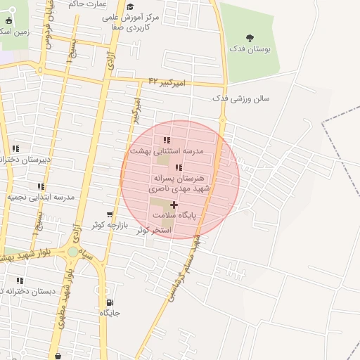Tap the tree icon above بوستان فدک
click(250, 38)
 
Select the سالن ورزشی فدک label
click(240, 99)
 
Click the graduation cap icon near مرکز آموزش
click(129, 6)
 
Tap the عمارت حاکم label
click(87, 4)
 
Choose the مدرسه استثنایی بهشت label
click(166, 151)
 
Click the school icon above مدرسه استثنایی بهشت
click(166, 140)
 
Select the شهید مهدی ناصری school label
click(178, 189)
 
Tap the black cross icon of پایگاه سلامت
click(174, 205)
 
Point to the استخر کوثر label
click(153, 230)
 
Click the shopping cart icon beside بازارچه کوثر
click(109, 214)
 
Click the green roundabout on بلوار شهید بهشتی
click(73, 252)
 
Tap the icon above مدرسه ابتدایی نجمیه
click(41, 186)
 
